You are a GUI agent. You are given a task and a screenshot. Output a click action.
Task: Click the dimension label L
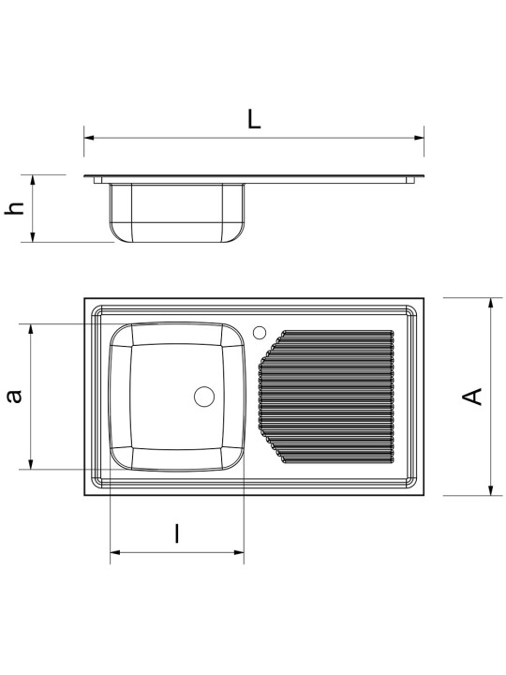coord(254,120)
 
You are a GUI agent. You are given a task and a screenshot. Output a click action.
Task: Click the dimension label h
coord(14,208)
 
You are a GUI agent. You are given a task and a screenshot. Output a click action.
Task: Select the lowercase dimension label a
coord(15,396)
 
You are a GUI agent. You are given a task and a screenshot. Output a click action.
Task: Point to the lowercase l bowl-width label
coord(176,533)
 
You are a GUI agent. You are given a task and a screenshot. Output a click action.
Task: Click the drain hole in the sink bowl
coord(204,397)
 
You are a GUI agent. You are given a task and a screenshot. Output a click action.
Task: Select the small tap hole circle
coord(260,332)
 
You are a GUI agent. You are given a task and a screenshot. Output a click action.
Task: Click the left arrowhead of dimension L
coord(89,138)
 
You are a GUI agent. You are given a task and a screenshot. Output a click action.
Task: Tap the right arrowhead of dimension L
coord(419,138)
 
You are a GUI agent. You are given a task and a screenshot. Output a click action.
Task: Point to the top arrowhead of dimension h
coord(33,180)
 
